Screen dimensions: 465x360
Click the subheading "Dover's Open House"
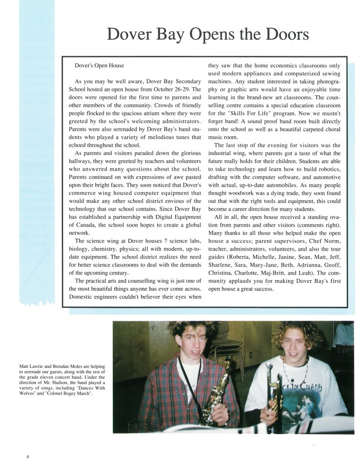tap(99, 66)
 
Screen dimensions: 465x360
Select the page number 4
tap(27, 455)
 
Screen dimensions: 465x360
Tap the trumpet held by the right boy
tap(275, 395)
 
